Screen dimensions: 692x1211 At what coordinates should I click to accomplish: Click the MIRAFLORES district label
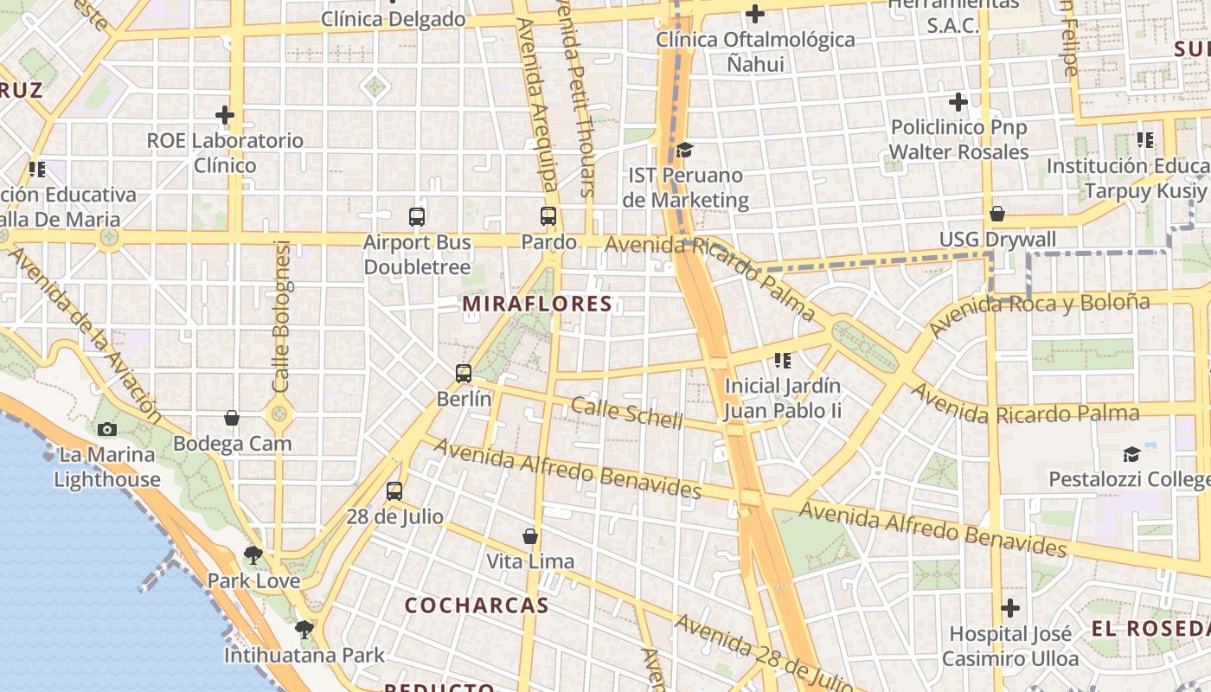point(537,304)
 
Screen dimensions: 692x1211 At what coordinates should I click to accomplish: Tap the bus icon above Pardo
point(548,216)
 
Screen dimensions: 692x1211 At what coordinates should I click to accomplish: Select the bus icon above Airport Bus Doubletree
point(417,216)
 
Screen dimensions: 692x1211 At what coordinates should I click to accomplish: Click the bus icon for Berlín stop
point(464,374)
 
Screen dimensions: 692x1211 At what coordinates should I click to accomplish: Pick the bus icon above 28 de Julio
point(394,491)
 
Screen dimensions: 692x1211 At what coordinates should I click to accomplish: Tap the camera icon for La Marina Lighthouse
point(107,429)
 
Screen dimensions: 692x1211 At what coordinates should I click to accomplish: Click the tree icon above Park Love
point(253,554)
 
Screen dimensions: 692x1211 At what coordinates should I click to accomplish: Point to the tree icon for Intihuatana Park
point(304,629)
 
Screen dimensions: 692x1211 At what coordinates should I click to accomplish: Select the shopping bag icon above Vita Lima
point(530,536)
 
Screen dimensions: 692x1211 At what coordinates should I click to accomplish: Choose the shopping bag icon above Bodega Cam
point(232,418)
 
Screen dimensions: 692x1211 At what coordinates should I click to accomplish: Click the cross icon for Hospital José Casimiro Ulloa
point(1009,608)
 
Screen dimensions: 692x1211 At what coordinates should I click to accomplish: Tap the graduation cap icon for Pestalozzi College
point(1131,454)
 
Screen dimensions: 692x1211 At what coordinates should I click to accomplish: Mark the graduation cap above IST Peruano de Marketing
point(684,151)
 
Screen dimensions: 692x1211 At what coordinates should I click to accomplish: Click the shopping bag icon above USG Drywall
point(997,214)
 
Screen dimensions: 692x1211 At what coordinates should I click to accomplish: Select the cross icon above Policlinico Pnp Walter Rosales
point(958,102)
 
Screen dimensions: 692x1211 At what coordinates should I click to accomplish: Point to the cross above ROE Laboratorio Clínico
point(225,114)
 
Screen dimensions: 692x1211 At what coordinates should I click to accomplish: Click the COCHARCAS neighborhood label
point(477,605)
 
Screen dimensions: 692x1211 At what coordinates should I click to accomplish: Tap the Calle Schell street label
point(626,413)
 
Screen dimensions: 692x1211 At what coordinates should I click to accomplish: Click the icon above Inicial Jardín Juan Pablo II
point(783,360)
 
